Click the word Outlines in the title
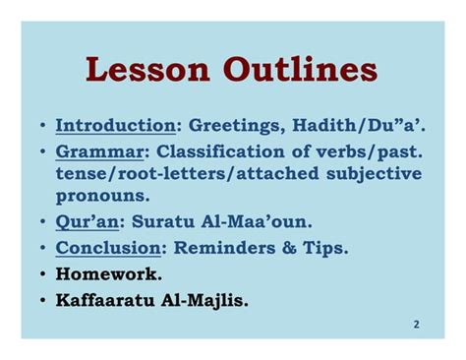302,71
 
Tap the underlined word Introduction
115,127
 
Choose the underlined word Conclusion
107,248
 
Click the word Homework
108,273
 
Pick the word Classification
211,152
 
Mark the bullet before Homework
43,273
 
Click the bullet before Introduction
43,127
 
